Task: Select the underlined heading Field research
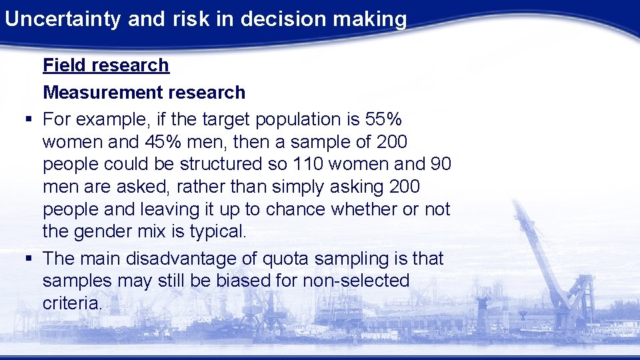click(x=106, y=65)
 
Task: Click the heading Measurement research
click(x=144, y=92)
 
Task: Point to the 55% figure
click(x=384, y=119)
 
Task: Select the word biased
click(x=246, y=281)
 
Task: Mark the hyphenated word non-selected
click(x=356, y=281)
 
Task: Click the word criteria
click(x=72, y=303)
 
